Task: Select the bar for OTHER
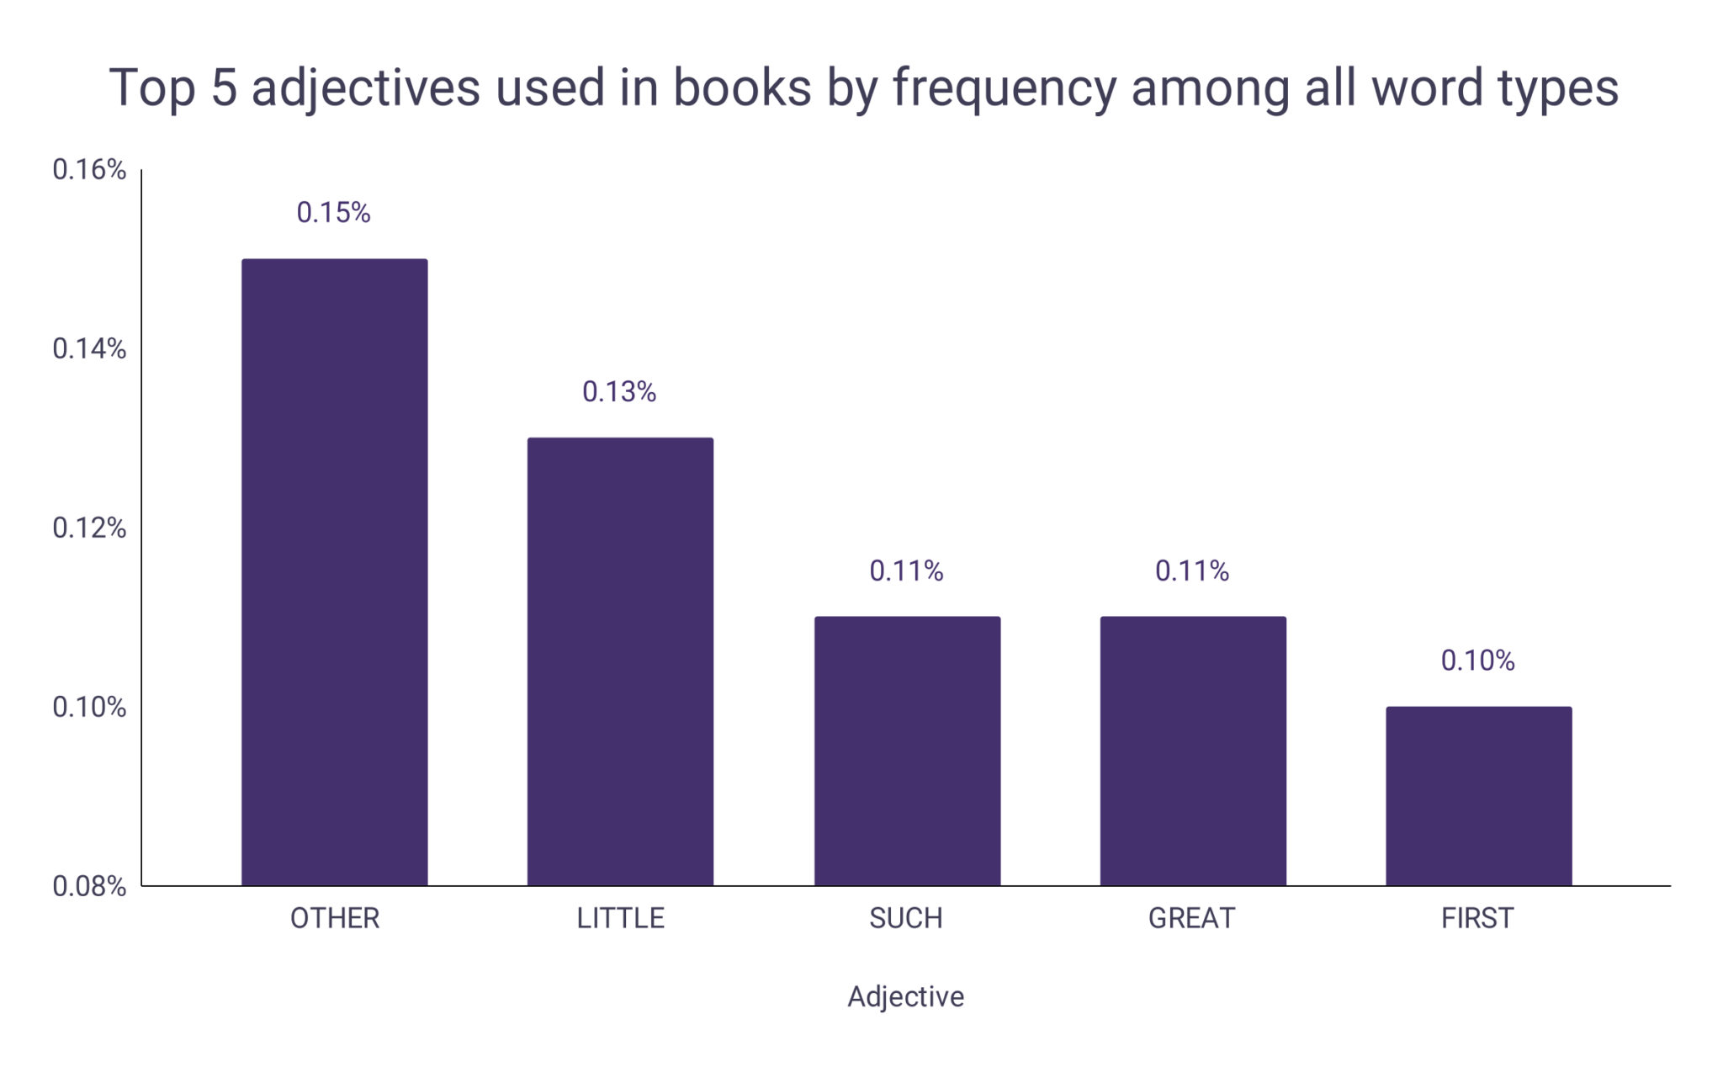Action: (x=334, y=572)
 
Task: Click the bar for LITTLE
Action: (x=620, y=661)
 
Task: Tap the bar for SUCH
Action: (x=907, y=751)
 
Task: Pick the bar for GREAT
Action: (x=1193, y=751)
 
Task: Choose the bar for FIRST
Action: (x=1478, y=796)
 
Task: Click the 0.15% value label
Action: (x=333, y=213)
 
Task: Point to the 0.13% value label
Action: (x=619, y=392)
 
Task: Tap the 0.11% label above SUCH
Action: (x=906, y=571)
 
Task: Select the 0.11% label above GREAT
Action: (x=1192, y=571)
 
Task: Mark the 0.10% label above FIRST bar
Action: (x=1477, y=661)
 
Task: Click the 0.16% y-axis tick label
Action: (x=89, y=170)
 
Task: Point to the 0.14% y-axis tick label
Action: (x=89, y=349)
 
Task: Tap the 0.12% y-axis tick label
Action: (x=89, y=528)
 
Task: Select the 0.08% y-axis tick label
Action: (x=89, y=886)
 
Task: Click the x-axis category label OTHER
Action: (x=335, y=918)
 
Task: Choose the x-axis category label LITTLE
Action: (x=621, y=918)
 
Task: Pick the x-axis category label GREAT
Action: (x=1192, y=918)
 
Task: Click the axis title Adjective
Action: (x=906, y=996)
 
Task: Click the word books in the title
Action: (x=742, y=88)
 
